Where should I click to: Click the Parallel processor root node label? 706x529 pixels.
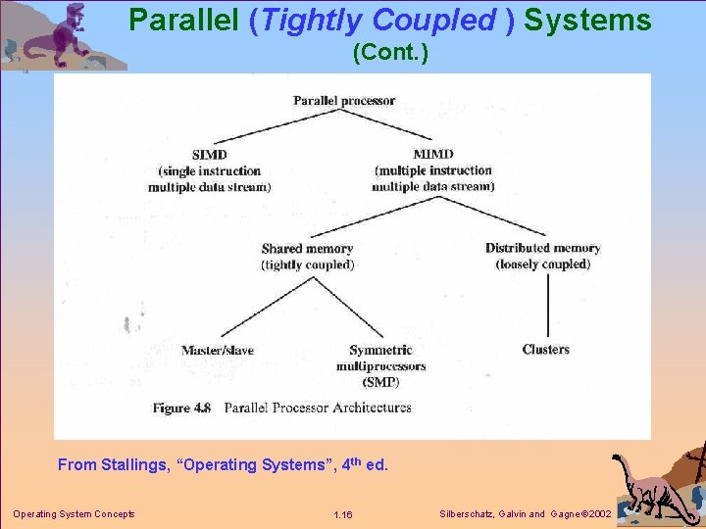point(343,100)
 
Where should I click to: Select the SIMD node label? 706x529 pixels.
point(209,155)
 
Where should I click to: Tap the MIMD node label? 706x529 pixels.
point(432,155)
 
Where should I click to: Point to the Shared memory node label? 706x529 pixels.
point(307,249)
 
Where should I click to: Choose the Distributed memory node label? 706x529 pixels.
point(542,248)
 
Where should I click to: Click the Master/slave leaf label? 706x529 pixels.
point(217,351)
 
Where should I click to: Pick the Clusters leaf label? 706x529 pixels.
point(545,350)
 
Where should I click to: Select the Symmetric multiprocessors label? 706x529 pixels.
point(380,358)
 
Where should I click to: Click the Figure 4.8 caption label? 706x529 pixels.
point(181,408)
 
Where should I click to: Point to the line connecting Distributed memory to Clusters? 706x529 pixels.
point(546,306)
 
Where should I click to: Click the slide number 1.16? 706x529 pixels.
point(342,515)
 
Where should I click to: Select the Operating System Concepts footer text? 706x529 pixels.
point(74,514)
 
